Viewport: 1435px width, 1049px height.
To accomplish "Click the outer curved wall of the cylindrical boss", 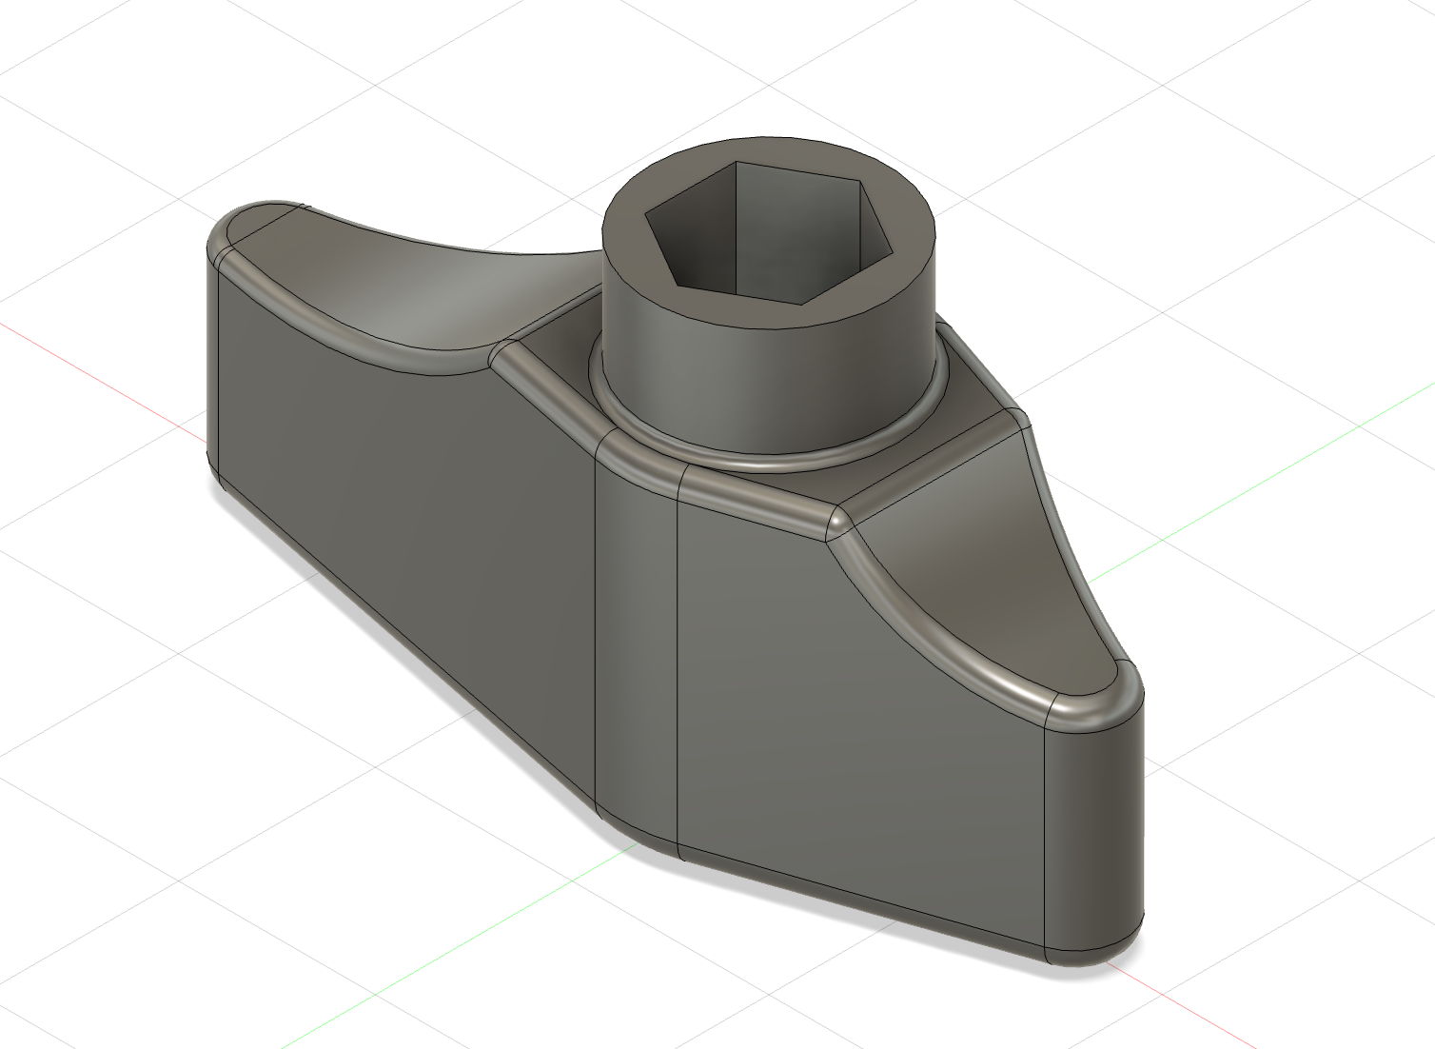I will point(761,381).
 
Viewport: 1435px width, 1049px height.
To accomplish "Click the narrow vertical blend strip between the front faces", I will point(636,647).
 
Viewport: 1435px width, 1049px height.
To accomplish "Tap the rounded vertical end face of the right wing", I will point(1094,838).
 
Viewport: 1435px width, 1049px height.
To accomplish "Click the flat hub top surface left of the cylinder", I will point(552,343).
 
